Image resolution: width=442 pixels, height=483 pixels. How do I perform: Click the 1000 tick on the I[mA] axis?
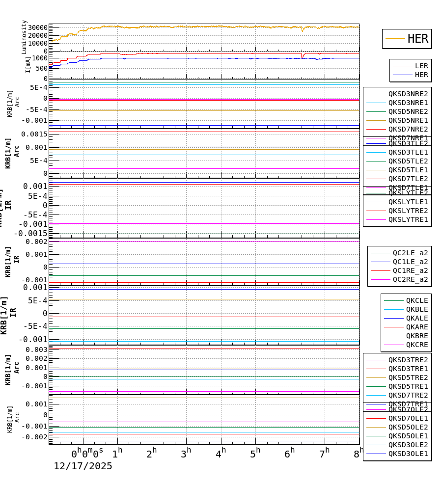point(40,58)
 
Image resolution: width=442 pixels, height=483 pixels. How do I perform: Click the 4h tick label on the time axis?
point(221,454)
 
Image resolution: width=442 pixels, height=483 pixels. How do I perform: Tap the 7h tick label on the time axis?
point(324,454)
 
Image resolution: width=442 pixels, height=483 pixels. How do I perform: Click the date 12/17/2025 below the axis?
point(83,466)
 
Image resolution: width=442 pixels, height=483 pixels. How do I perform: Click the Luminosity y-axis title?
point(24,37)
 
